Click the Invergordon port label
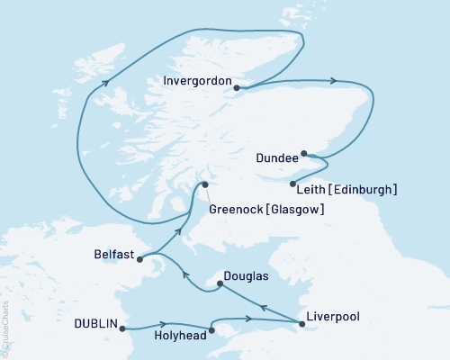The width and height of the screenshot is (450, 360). (x=197, y=80)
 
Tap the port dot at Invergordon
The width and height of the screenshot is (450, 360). (x=236, y=87)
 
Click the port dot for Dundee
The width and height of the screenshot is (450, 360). (x=304, y=153)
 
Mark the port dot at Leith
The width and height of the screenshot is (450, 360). (x=293, y=184)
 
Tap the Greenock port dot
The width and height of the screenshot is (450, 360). (x=205, y=184)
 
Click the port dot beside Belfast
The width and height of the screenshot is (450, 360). (x=139, y=259)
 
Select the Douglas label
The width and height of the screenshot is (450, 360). (x=247, y=270)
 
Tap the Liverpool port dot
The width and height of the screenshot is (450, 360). (x=301, y=323)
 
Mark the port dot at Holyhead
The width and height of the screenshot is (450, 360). (x=212, y=330)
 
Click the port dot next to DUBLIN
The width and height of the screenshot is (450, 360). (x=122, y=328)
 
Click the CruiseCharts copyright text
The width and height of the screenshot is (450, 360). (x=6, y=323)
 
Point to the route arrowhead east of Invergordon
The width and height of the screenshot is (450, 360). (x=335, y=81)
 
